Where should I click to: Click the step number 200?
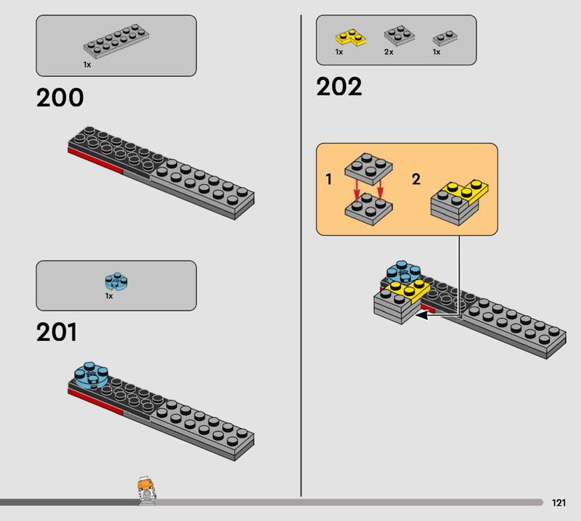point(60,98)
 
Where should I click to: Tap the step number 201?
point(57,332)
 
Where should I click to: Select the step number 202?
point(338,87)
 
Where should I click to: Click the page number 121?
point(558,502)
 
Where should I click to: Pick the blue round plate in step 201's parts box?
point(115,282)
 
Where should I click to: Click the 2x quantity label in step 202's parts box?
point(389,52)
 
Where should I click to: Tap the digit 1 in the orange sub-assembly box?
point(328,179)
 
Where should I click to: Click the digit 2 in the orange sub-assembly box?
point(416,179)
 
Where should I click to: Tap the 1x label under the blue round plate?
point(109,296)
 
